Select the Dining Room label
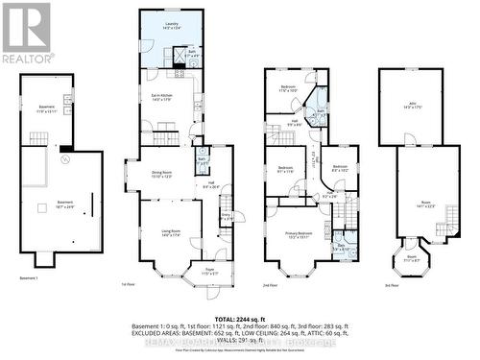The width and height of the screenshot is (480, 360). (x=160, y=174)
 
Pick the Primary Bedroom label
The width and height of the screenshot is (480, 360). (x=290, y=237)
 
